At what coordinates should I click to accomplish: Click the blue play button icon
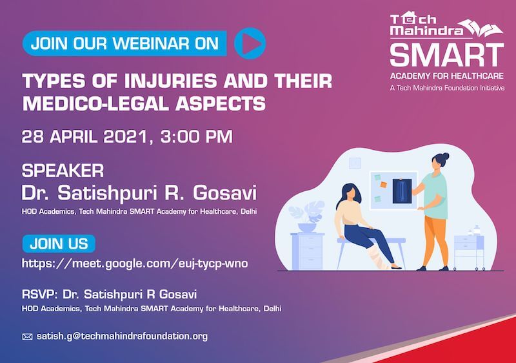(250, 43)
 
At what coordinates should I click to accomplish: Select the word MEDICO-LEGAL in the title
(95, 103)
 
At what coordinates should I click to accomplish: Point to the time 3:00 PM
(197, 136)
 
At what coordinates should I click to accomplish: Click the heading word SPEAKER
(63, 171)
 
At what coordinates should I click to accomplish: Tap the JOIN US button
(59, 244)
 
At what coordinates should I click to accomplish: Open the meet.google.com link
(135, 264)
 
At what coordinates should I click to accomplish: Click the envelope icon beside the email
(27, 337)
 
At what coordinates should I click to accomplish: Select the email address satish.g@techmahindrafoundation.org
(122, 337)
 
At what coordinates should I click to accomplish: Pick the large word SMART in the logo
(447, 55)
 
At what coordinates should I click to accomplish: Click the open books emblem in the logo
(481, 28)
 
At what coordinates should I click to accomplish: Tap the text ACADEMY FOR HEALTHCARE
(447, 76)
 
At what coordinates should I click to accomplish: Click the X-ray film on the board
(402, 191)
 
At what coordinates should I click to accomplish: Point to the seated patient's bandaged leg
(377, 256)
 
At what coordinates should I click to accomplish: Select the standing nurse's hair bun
(444, 156)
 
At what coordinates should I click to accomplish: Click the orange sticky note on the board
(383, 185)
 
